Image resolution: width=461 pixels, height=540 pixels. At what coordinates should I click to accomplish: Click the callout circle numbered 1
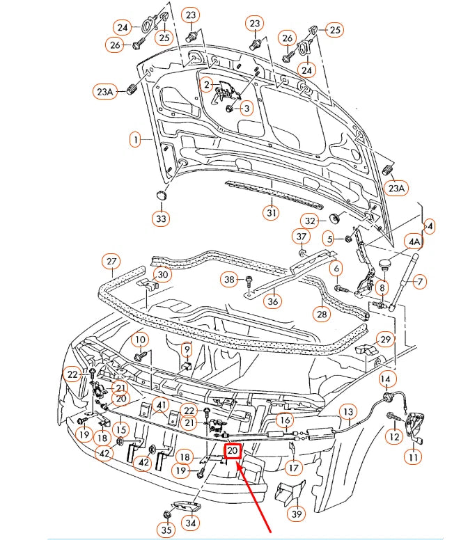134,140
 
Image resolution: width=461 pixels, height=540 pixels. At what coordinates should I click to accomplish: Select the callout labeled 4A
414,242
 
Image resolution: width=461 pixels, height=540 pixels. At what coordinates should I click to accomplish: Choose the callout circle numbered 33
162,219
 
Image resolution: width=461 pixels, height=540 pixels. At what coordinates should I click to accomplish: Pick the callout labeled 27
111,263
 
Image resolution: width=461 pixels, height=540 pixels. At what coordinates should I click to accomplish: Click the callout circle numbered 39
297,514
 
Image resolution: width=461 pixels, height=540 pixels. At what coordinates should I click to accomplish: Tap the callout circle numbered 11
414,458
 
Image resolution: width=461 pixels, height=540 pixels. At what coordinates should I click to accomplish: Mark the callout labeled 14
387,379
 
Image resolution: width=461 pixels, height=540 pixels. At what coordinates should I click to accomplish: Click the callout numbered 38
229,280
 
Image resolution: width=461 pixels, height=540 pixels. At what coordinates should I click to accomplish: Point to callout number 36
274,301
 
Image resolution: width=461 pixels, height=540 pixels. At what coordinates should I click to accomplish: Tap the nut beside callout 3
228,109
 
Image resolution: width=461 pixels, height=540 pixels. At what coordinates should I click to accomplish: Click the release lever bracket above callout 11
416,425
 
